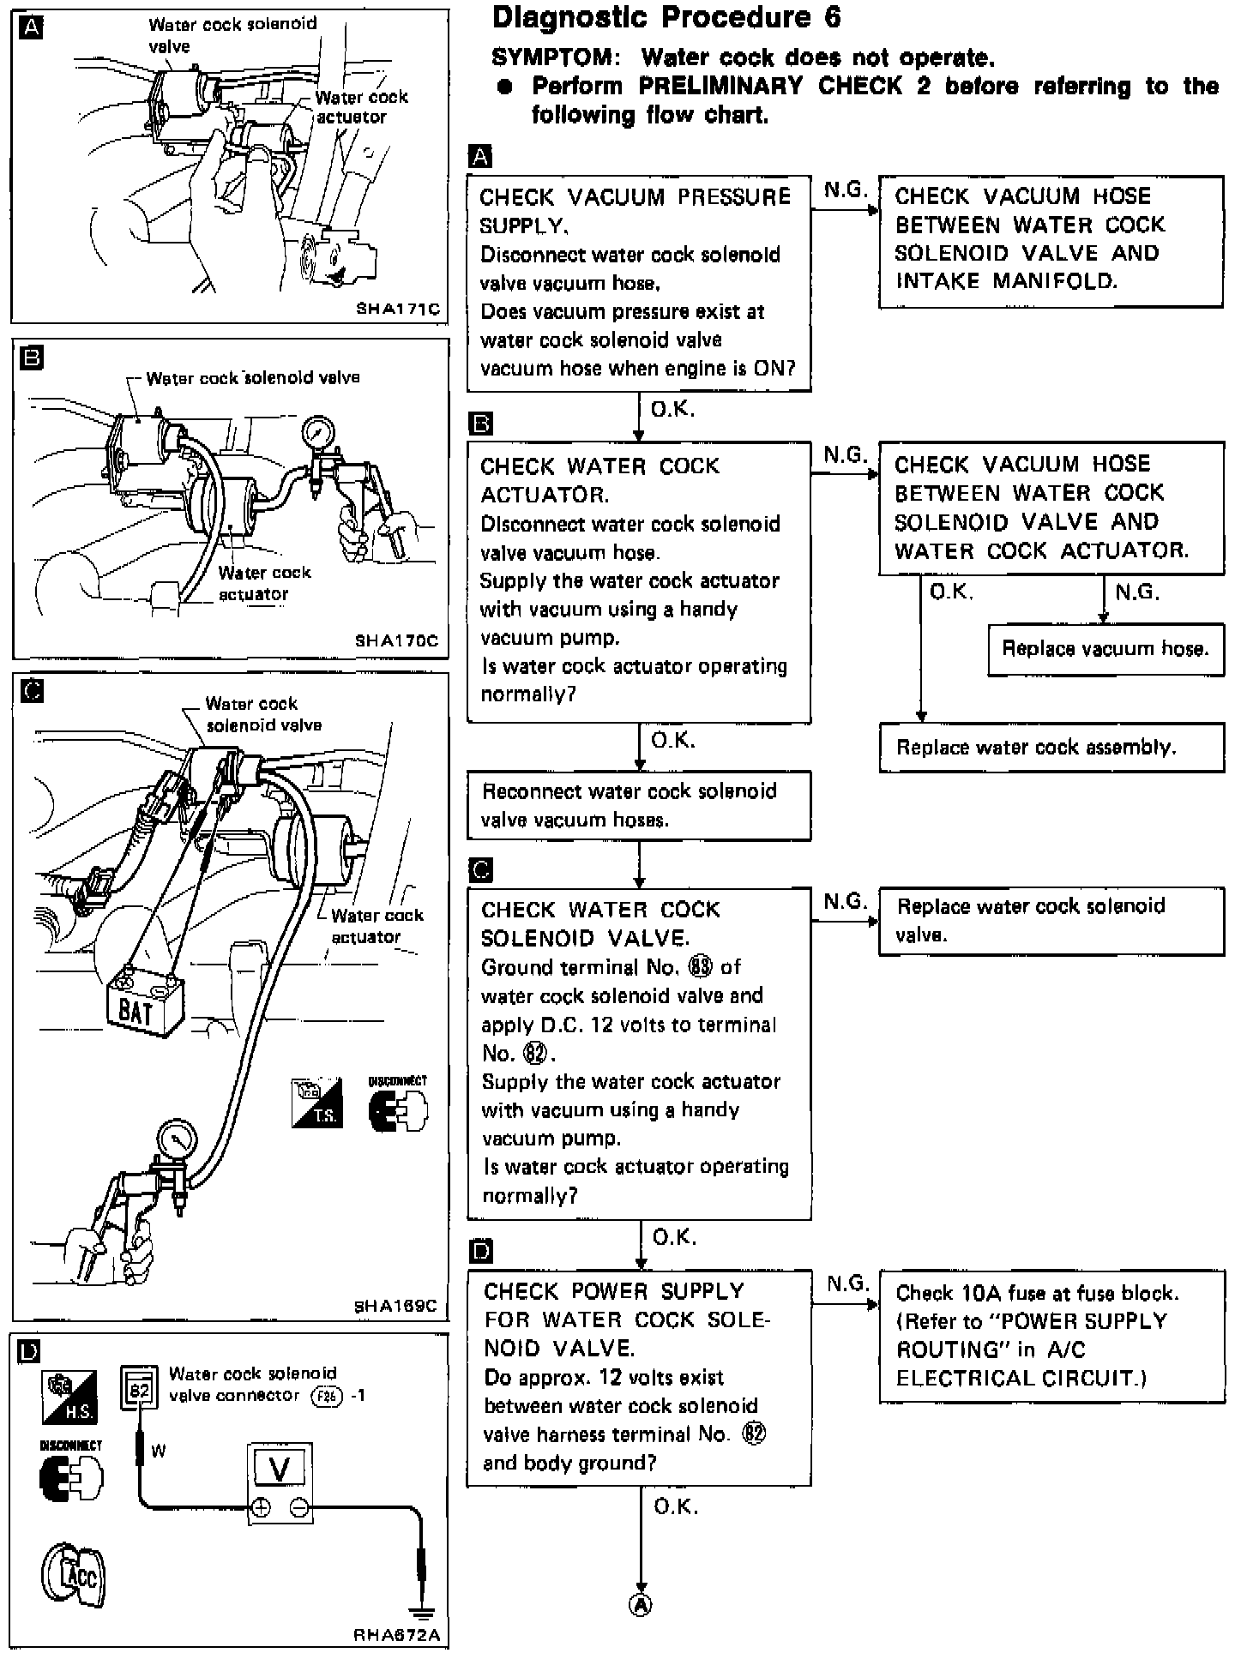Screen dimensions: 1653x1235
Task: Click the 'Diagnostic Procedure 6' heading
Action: pyautogui.click(x=666, y=18)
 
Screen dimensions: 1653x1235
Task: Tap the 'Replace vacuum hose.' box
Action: pyautogui.click(x=1105, y=649)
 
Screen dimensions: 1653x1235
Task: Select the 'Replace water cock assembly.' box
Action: pyautogui.click(x=1051, y=748)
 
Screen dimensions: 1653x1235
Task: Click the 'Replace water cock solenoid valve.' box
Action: pyautogui.click(x=1051, y=921)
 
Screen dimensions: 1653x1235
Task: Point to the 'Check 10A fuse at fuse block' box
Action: pyautogui.click(x=1051, y=1336)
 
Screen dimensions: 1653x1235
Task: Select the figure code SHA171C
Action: pyautogui.click(x=397, y=309)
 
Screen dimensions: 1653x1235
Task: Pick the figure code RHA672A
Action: pyautogui.click(x=397, y=1635)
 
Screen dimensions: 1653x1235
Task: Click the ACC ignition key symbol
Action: pyautogui.click(x=73, y=1576)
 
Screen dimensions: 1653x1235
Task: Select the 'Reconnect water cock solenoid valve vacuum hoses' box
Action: pyautogui.click(x=639, y=806)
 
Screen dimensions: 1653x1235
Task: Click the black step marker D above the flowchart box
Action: pyautogui.click(x=482, y=1252)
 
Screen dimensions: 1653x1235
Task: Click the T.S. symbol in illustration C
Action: pyautogui.click(x=317, y=1103)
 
